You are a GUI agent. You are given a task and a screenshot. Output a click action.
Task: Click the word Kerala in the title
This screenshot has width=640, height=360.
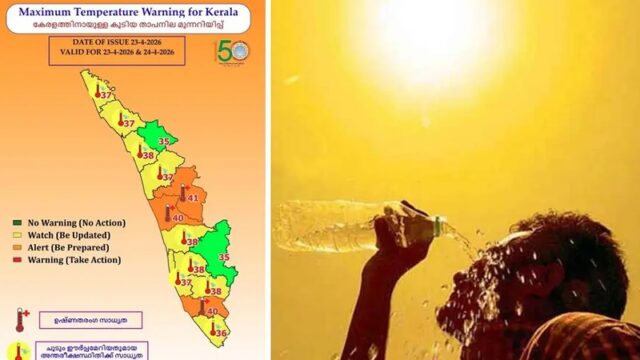(233, 13)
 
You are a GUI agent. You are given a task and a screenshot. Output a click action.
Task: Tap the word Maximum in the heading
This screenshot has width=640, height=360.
(50, 13)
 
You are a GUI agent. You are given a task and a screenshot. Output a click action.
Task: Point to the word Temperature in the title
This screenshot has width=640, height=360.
(124, 13)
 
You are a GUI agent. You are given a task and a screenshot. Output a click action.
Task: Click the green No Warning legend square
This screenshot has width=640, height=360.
(17, 222)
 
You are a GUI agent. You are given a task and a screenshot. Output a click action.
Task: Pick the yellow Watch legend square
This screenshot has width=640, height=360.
(17, 234)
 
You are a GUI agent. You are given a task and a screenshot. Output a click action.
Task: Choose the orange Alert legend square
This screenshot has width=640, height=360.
(17, 247)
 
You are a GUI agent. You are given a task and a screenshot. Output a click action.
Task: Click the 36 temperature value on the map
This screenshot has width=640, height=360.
(221, 331)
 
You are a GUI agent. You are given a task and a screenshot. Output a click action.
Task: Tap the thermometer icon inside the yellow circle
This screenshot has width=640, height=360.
(18, 351)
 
